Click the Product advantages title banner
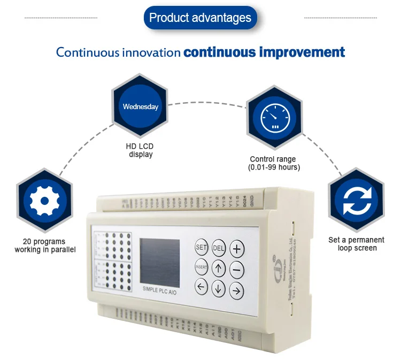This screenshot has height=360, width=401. pos(200,18)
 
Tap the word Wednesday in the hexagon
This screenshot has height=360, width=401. pos(141,106)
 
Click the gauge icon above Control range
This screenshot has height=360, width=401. pos(273,118)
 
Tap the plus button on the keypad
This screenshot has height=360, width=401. pos(236,249)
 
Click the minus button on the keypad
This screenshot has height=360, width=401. pos(236,269)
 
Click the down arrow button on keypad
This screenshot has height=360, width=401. pos(218,288)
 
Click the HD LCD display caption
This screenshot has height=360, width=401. pos(141,150)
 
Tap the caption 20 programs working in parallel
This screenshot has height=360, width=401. pos(45,246)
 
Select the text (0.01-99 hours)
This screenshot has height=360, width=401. pos(274,167)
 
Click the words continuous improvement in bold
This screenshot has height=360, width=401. pos(264,52)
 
